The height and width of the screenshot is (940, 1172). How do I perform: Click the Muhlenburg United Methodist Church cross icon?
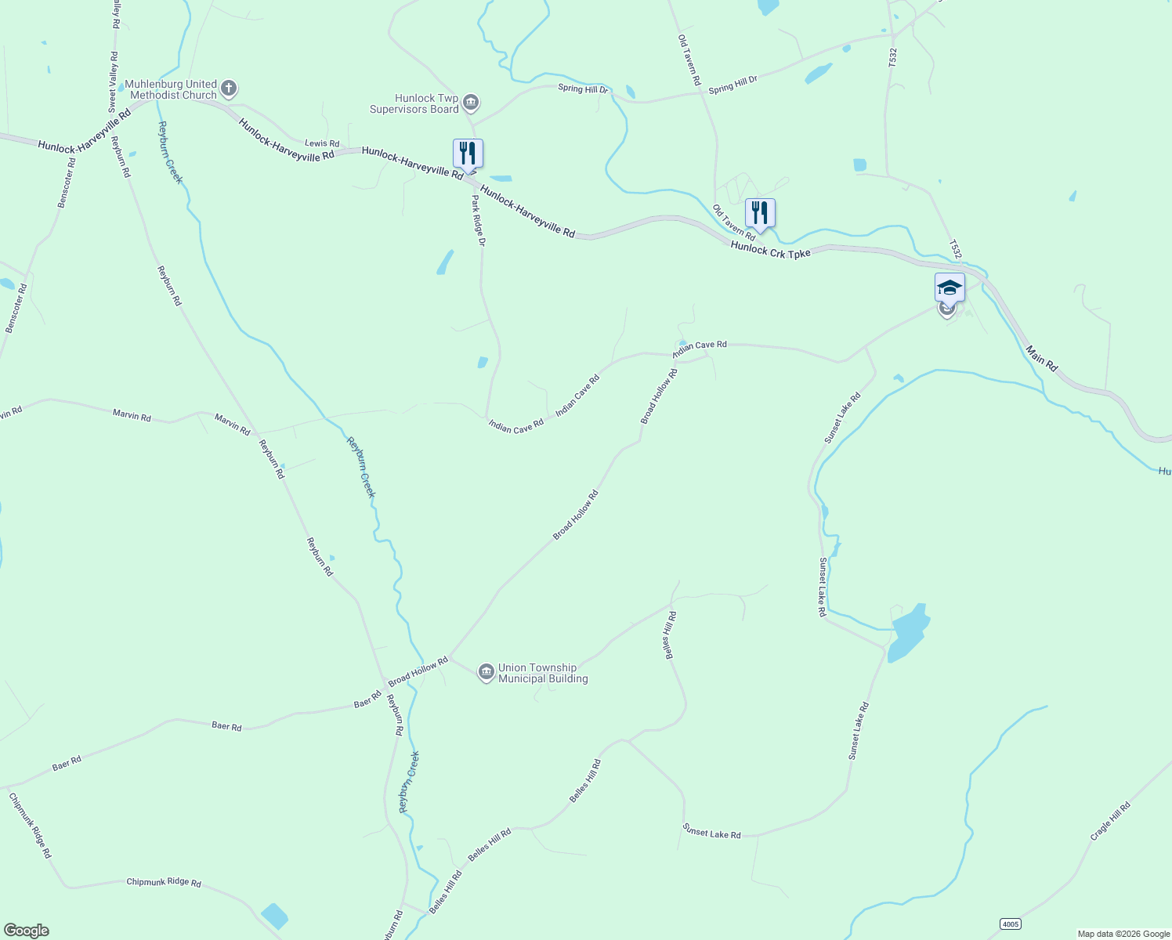(229, 89)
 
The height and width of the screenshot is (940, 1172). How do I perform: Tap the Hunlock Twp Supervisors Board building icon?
(471, 103)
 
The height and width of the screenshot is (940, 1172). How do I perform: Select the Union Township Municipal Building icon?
(486, 673)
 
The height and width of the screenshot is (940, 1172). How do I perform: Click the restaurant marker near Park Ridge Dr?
(468, 154)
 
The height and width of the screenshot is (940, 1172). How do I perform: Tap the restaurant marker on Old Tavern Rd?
(760, 213)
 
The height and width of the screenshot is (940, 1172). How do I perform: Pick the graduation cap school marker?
(950, 289)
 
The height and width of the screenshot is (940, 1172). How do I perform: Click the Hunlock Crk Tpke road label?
(770, 250)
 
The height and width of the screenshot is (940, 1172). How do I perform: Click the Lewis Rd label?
(322, 143)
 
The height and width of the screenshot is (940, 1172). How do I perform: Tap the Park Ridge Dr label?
(479, 220)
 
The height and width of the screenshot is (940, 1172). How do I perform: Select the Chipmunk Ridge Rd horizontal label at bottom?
(164, 882)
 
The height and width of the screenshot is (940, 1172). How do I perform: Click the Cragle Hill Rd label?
(1111, 821)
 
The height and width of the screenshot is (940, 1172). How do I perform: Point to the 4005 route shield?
(1011, 924)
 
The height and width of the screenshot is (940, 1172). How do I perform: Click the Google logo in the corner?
(26, 931)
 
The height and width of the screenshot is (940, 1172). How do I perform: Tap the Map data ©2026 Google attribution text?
(1123, 934)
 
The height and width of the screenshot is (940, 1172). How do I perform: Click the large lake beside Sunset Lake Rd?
(910, 633)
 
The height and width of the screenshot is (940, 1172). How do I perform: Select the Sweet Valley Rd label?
(114, 81)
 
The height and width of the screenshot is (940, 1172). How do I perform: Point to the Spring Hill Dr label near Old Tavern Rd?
(733, 85)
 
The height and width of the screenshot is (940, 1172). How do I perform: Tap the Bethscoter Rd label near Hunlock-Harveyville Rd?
(67, 183)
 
